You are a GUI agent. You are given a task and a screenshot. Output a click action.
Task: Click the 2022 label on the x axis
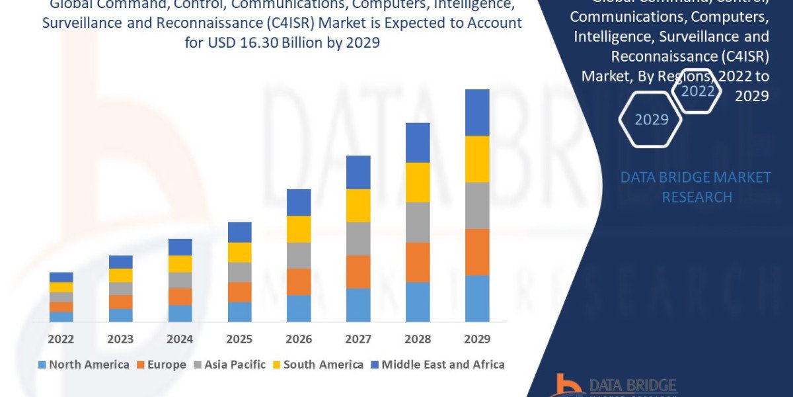(x=61, y=339)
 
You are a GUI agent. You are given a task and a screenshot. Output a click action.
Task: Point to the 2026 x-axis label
(x=299, y=339)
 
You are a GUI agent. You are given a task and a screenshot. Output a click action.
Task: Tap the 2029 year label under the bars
(x=477, y=339)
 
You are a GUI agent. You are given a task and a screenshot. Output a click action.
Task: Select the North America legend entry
(x=83, y=364)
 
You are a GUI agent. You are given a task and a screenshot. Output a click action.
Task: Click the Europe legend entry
(x=161, y=364)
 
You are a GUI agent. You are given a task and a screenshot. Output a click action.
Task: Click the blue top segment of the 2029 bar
(x=477, y=112)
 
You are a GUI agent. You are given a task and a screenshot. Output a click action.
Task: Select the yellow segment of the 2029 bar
(x=477, y=159)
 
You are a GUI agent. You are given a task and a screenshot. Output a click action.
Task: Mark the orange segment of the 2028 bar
(x=418, y=262)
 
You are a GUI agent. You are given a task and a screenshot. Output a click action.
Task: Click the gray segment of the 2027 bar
(x=358, y=238)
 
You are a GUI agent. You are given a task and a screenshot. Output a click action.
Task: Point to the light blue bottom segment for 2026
(x=299, y=308)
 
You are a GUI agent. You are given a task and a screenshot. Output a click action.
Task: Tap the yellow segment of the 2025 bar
(x=239, y=252)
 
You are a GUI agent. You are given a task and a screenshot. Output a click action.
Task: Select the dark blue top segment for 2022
(x=61, y=277)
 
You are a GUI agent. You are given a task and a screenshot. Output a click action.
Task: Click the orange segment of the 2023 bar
(x=120, y=302)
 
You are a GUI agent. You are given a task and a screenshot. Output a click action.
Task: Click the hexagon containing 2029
(x=650, y=119)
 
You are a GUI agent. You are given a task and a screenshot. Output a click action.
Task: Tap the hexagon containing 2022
(x=697, y=91)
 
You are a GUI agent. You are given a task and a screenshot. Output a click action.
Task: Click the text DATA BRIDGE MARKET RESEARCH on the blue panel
(x=696, y=187)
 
